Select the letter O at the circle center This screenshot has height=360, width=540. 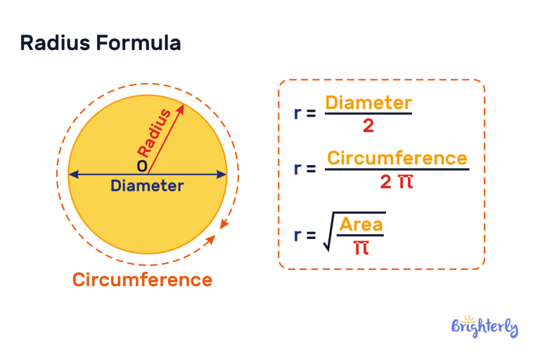point(142,166)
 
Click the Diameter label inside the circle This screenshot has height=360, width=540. point(147,186)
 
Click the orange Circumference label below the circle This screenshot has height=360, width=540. point(142,280)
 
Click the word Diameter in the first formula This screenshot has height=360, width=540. point(368,103)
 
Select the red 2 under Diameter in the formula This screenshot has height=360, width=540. point(368,127)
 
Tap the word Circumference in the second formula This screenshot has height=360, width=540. point(397,157)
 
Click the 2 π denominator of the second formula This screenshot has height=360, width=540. point(396,182)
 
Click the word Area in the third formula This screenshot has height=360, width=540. point(361,224)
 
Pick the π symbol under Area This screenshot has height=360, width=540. point(361,247)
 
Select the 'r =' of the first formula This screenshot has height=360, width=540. point(305,113)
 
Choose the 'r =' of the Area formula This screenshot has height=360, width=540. point(305,236)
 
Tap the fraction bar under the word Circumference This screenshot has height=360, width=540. point(397,169)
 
